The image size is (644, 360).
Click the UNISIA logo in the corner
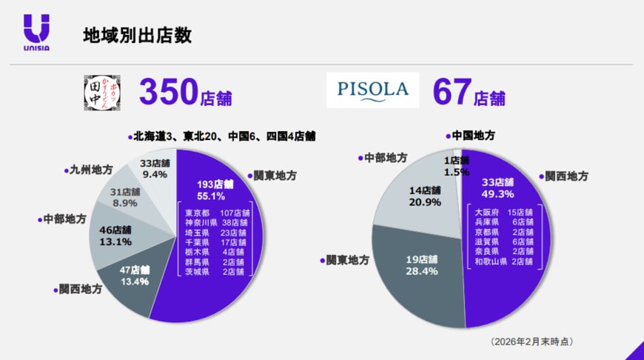click(36, 33)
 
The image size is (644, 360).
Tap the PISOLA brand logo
click(373, 90)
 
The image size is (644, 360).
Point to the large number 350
click(168, 92)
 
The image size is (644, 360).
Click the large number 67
click(452, 92)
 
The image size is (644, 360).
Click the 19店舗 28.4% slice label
click(421, 265)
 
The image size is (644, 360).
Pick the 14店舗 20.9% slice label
click(426, 196)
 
